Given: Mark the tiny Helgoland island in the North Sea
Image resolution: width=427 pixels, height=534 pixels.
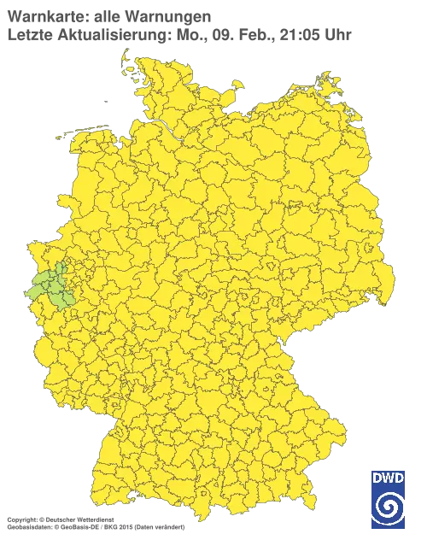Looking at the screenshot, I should [x=105, y=99].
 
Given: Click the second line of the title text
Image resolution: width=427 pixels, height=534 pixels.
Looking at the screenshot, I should [x=102, y=34].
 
